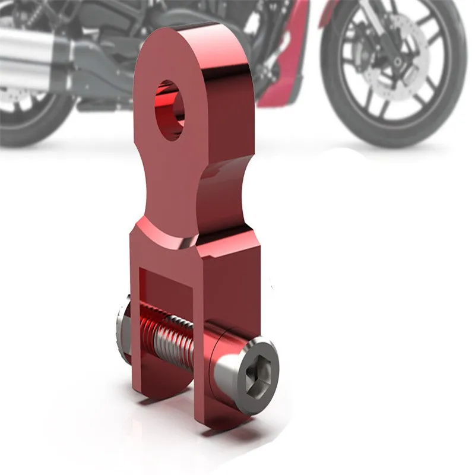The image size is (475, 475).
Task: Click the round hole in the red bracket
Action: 170,109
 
